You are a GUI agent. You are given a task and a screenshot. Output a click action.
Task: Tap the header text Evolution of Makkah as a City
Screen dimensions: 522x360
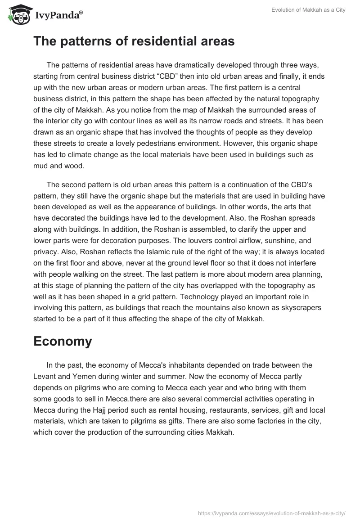pos(308,10)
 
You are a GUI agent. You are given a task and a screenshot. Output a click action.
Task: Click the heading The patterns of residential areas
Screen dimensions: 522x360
pos(134,41)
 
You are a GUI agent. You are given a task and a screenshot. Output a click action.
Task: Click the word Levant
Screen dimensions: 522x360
pos(46,376)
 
